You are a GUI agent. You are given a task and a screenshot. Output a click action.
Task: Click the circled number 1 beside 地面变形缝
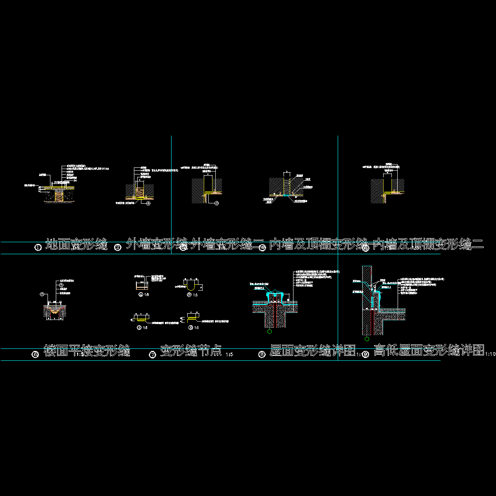point(38,247)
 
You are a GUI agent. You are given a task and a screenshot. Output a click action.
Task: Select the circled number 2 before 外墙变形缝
point(118,247)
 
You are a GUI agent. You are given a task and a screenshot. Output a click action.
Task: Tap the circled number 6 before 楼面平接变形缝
point(36,354)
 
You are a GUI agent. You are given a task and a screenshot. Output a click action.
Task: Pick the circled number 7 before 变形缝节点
point(153,354)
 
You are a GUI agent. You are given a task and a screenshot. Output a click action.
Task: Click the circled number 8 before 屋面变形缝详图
point(262,354)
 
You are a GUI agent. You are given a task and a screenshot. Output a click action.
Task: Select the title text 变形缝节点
point(191,351)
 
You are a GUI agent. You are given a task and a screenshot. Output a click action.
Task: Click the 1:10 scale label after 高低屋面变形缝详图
point(490,354)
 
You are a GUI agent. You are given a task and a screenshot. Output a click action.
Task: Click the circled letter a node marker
point(141,295)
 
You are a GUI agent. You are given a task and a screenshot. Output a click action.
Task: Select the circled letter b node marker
point(189,295)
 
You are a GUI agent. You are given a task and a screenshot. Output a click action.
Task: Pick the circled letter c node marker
point(139,327)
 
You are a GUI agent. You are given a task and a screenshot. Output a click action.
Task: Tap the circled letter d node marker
point(191,327)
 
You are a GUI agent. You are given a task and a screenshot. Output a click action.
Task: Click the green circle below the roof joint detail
point(269,331)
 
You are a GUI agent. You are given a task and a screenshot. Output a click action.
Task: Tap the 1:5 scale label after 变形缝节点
point(229,355)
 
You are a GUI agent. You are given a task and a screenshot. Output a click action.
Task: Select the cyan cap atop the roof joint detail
point(273,294)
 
